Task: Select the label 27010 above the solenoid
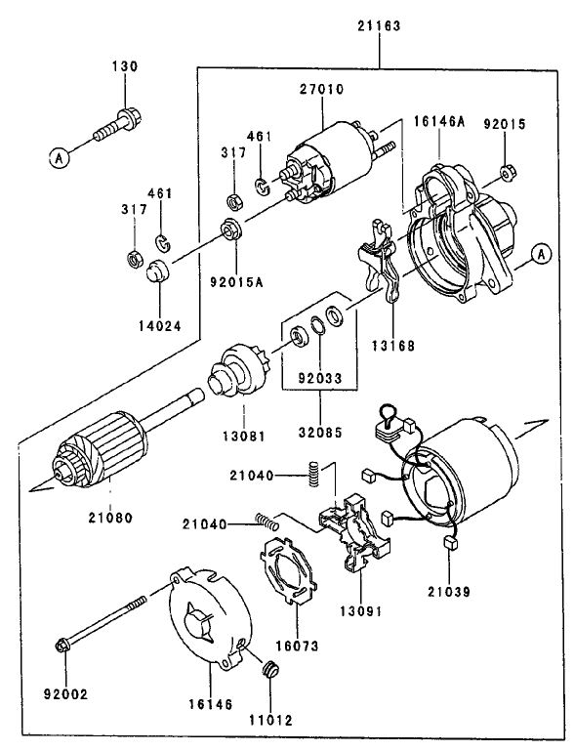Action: click(x=323, y=89)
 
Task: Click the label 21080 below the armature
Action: click(x=108, y=517)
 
